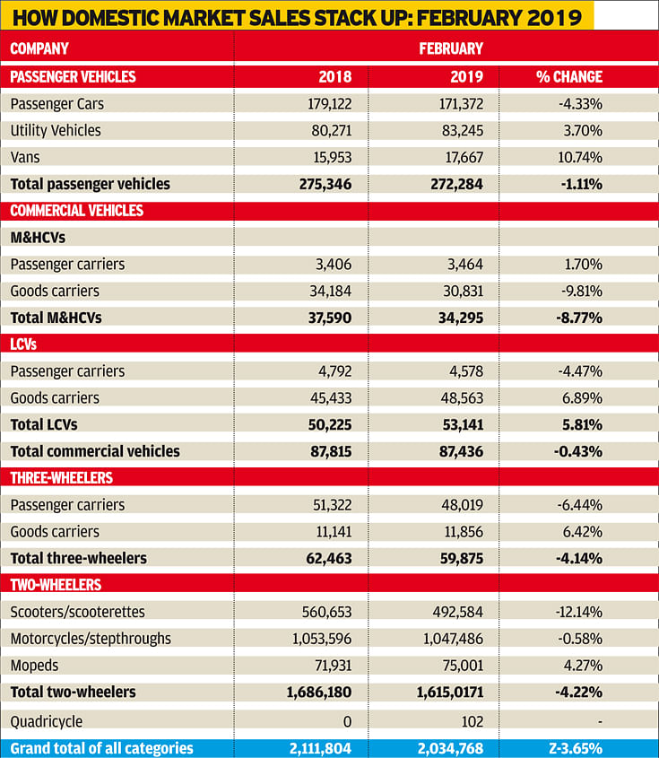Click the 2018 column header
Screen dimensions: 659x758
pyautogui.click(x=334, y=77)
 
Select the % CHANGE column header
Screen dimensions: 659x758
pyautogui.click(x=569, y=77)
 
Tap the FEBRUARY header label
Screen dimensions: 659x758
pyautogui.click(x=451, y=48)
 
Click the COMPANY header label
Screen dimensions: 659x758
pyautogui.click(x=39, y=48)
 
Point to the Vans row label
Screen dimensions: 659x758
pyautogui.click(x=25, y=157)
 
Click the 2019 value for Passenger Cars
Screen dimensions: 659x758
pyautogui.click(x=461, y=104)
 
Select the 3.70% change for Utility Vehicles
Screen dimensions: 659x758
pyautogui.click(x=583, y=131)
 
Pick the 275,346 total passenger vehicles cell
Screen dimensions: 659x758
pyautogui.click(x=325, y=184)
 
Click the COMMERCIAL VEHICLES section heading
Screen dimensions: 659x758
pyautogui.click(x=76, y=211)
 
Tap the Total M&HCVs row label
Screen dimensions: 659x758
pyautogui.click(x=56, y=318)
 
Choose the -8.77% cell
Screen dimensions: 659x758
pyautogui.click(x=579, y=318)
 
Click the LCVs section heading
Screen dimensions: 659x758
pyautogui.click(x=23, y=344)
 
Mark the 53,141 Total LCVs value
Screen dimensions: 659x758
pyautogui.click(x=463, y=424)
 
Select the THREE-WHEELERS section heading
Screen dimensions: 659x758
pyautogui.click(x=61, y=478)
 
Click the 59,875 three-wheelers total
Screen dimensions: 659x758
pyautogui.click(x=462, y=558)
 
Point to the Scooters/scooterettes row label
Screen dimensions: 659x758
pyautogui.click(x=77, y=612)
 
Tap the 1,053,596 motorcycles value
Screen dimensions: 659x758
pyautogui.click(x=322, y=639)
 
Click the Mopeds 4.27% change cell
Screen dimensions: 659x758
pyautogui.click(x=583, y=666)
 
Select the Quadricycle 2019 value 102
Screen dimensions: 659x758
pyautogui.click(x=472, y=722)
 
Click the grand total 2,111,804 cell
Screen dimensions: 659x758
pyautogui.click(x=320, y=748)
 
